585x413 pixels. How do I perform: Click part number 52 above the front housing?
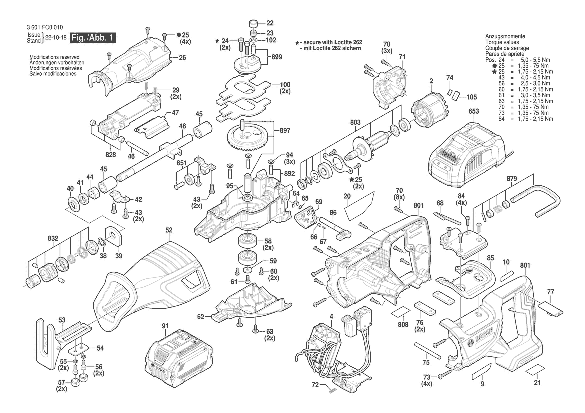pyautogui.click(x=169, y=230)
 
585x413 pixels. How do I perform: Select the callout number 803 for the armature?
pyautogui.click(x=355, y=122)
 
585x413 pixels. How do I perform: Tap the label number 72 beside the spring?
pyautogui.click(x=315, y=385)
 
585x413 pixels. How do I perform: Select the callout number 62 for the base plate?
pyautogui.click(x=201, y=316)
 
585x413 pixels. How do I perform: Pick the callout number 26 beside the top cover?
pyautogui.click(x=182, y=57)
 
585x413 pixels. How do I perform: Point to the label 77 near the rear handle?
pyautogui.click(x=550, y=291)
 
